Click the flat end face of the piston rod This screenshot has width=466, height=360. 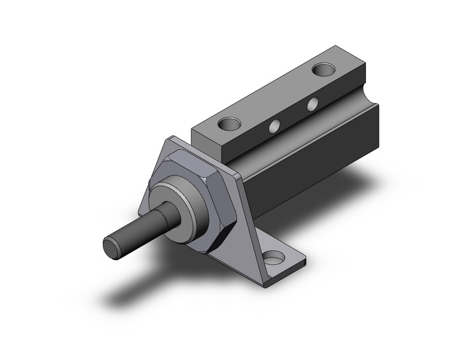pos(112,247)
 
